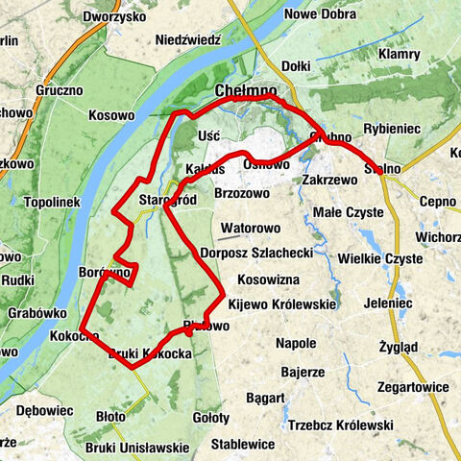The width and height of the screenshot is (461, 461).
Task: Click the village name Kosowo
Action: point(111,115)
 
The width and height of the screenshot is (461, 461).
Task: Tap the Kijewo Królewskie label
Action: point(281,303)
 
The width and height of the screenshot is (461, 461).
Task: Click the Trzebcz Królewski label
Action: point(340,425)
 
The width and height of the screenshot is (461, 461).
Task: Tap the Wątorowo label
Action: point(250,230)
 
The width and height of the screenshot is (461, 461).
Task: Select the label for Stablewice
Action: point(243,445)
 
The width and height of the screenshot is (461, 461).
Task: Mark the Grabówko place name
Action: point(37,313)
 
